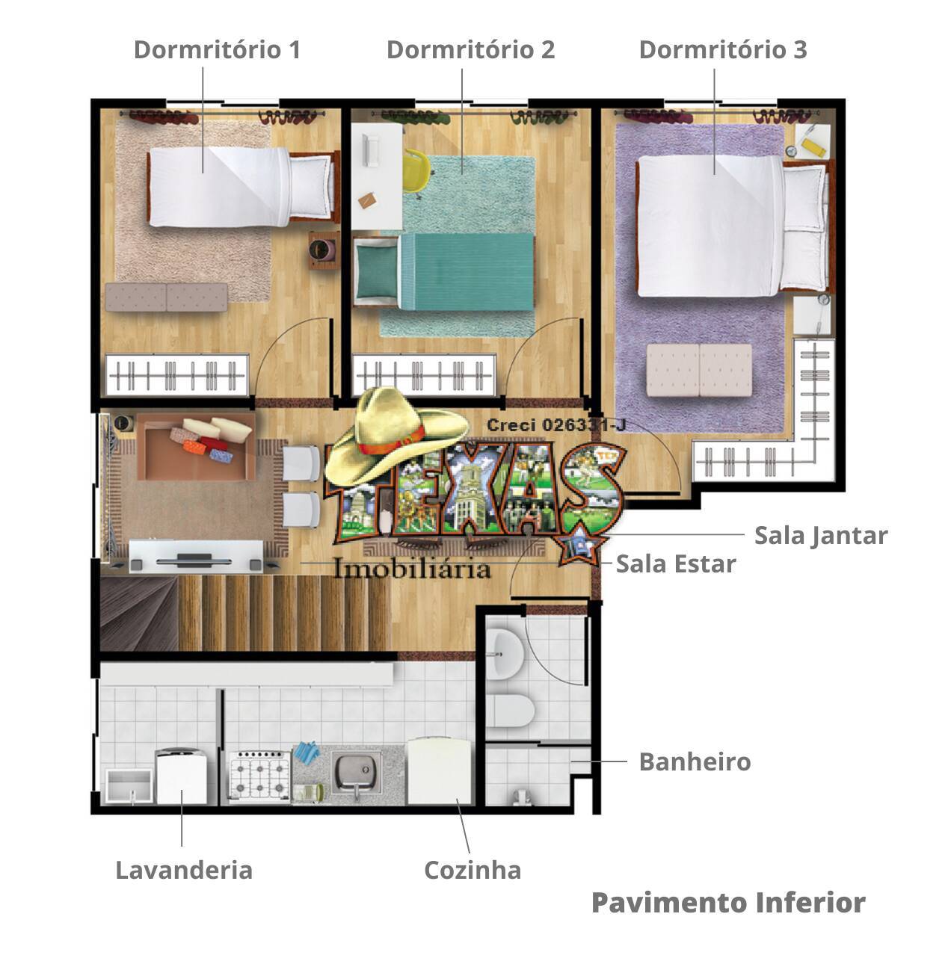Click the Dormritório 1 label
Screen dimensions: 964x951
coord(217,49)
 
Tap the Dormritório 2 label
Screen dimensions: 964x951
coord(470,49)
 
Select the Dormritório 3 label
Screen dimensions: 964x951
coord(722,49)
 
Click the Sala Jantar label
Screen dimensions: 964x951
coord(820,535)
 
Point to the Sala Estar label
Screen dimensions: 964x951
coord(676,563)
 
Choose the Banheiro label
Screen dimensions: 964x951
coord(695,761)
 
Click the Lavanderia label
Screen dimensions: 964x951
coord(183,870)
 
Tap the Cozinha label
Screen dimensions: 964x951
coord(473,870)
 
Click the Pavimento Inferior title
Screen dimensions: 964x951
coord(728,902)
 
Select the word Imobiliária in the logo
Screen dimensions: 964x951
coord(412,569)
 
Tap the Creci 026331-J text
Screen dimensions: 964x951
coord(556,424)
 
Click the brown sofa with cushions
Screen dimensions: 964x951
coord(194,446)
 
